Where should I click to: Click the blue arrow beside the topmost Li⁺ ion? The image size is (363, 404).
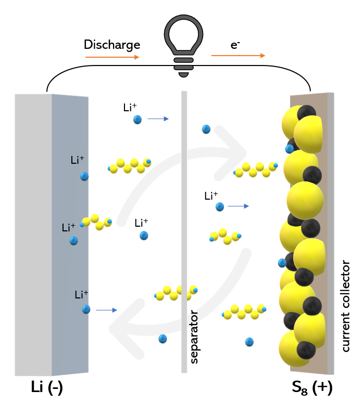click(158, 119)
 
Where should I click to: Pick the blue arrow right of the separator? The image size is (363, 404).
click(239, 206)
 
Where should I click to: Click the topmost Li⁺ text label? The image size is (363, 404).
click(130, 108)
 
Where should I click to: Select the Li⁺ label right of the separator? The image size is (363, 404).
click(211, 196)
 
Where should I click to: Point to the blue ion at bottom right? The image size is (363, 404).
click(249, 342)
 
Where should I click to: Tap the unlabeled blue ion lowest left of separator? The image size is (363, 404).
click(163, 338)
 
